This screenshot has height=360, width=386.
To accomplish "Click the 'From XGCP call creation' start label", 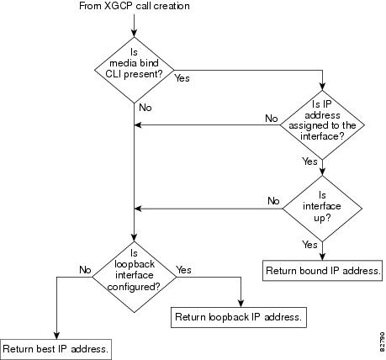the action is click(x=135, y=6).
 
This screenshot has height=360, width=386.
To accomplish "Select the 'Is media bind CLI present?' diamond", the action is click(x=135, y=70).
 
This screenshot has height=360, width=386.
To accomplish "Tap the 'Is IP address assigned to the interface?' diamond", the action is click(x=322, y=125).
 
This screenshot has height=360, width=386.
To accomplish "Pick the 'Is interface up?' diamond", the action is click(x=322, y=209).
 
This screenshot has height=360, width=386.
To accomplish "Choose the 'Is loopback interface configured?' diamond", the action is click(x=135, y=277).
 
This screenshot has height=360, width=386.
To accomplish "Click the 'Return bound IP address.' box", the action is click(x=322, y=271).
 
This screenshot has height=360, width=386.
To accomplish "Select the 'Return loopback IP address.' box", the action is click(x=239, y=317).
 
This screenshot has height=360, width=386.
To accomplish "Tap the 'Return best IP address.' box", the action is click(x=56, y=349).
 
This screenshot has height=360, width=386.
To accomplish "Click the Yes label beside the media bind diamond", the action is click(x=182, y=78).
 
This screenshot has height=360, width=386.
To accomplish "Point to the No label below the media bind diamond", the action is click(x=145, y=108).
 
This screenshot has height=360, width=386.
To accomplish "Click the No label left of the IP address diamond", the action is click(x=272, y=119).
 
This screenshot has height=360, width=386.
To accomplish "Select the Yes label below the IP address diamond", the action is click(x=309, y=161).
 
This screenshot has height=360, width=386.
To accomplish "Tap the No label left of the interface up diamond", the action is click(x=273, y=201).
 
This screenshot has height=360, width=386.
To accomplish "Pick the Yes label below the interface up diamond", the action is click(x=309, y=245).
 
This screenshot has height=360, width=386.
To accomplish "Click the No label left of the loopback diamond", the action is click(x=85, y=270).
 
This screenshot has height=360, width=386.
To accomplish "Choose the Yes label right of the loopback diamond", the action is click(x=183, y=270).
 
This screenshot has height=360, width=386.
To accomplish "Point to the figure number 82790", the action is click(x=383, y=342).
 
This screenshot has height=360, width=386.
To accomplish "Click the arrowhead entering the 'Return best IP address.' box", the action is click(x=56, y=336).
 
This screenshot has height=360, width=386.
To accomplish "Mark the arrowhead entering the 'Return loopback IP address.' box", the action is click(x=241, y=304).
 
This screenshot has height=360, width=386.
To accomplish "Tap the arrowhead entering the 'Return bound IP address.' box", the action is click(x=322, y=257).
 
